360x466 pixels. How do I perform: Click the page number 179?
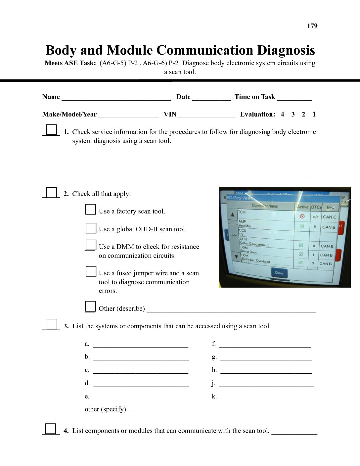[312, 26]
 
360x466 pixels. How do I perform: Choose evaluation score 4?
[282, 115]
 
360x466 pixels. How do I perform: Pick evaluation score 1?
[314, 115]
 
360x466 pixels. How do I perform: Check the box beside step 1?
[51, 129]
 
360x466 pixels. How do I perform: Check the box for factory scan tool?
[90, 210]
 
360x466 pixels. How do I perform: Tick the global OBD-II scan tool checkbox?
[91, 228]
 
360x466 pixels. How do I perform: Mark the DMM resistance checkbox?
[91, 245]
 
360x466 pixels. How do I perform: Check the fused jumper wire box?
[91, 271]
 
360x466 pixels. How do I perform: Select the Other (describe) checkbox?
[90, 306]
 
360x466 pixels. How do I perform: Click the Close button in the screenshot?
[279, 273]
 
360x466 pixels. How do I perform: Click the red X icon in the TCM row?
[302, 216]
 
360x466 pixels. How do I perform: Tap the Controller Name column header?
[265, 206]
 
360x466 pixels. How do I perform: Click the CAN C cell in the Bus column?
[329, 217]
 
